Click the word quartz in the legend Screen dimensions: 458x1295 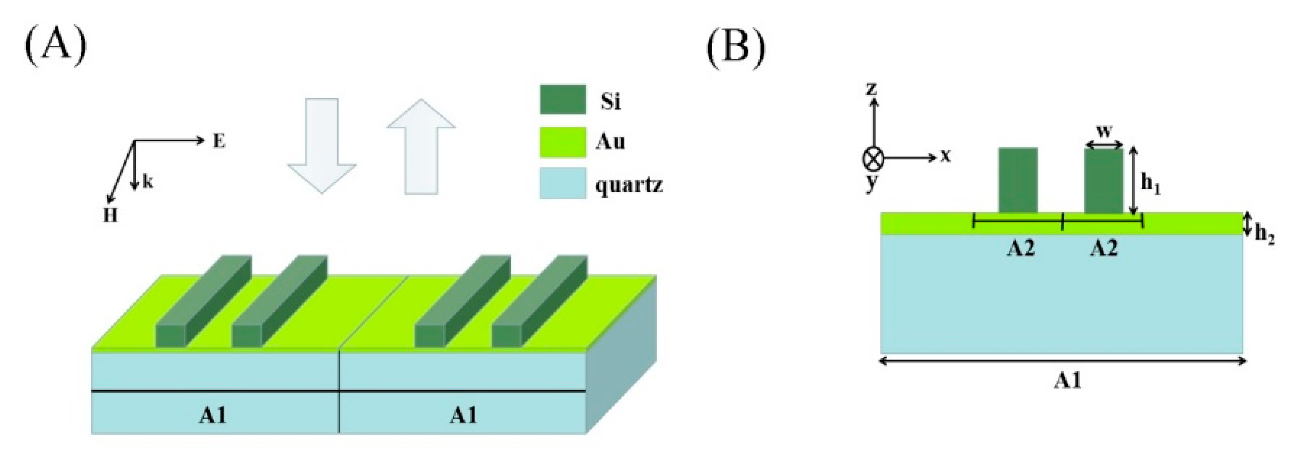tap(629, 185)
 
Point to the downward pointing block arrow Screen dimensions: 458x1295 tap(322, 145)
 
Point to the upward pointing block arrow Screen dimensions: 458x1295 tap(421, 145)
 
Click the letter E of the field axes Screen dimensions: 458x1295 tap(219, 142)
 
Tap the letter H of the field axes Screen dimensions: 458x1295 tap(110, 216)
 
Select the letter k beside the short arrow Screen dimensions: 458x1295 tap(147, 182)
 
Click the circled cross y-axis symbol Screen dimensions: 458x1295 tap(873, 159)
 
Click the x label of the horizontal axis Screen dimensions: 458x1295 tap(946, 157)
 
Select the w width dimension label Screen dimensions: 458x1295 tap(1104, 132)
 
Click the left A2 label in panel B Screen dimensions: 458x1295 tap(1021, 248)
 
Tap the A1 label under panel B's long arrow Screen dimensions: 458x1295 tap(1067, 381)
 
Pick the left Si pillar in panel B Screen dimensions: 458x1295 tap(1018, 180)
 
